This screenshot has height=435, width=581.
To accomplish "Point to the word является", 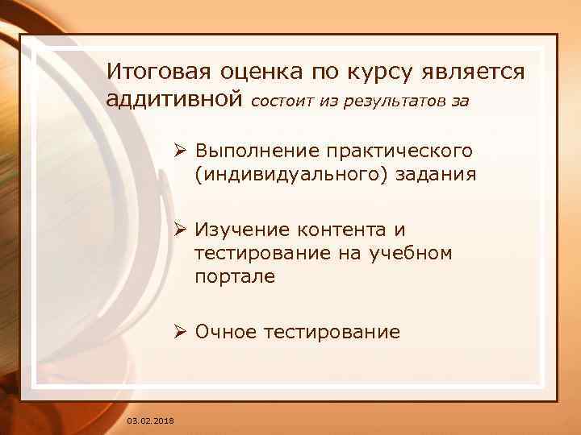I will tap(477, 72).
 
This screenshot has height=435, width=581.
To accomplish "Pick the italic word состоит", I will tap(282, 102).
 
